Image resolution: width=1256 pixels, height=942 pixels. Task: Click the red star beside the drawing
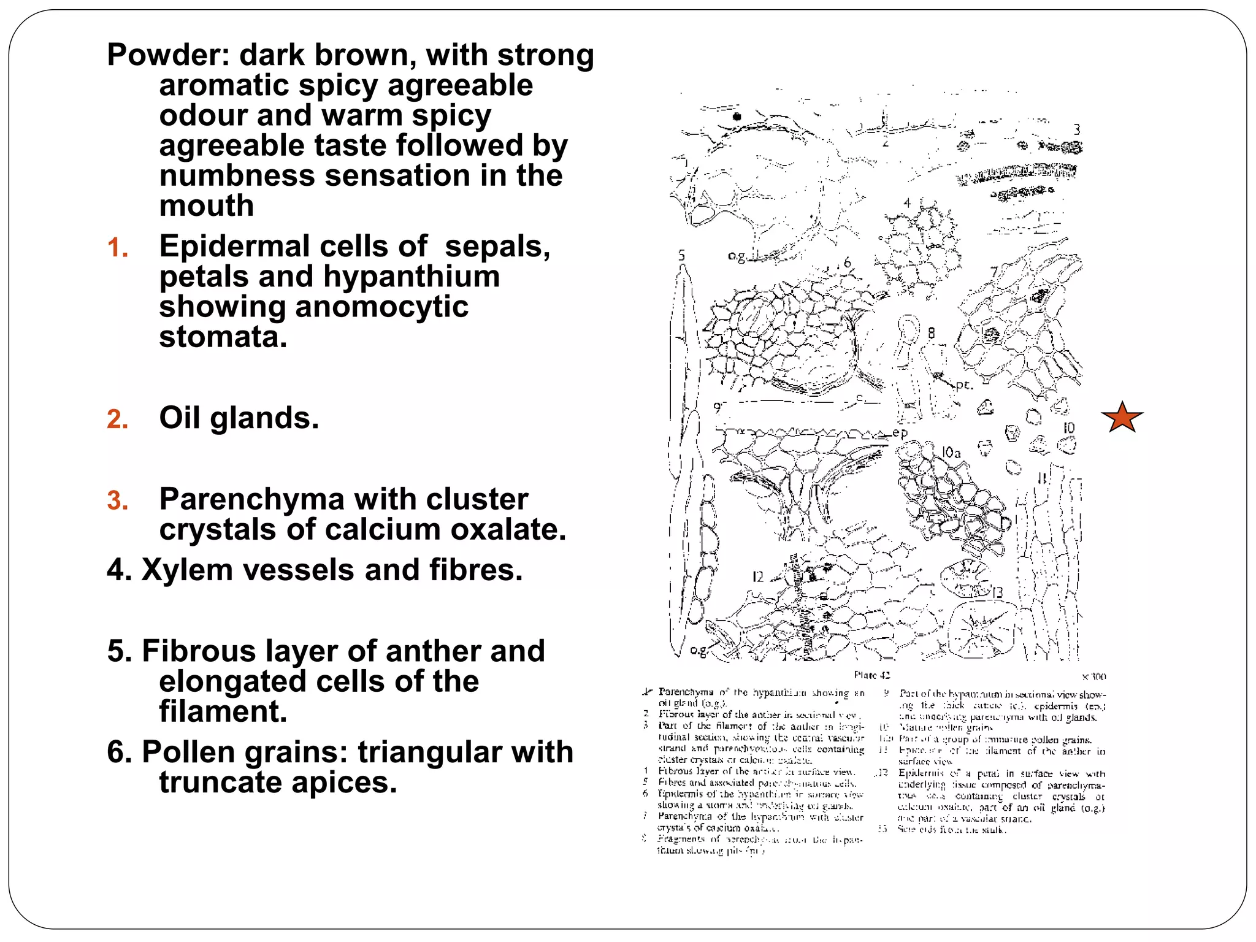[x=1122, y=418]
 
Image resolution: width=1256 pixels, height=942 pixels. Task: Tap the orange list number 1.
[x=117, y=248]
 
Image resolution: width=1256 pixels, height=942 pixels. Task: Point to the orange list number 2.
[x=117, y=419]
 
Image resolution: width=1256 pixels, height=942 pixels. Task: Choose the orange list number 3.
[x=117, y=500]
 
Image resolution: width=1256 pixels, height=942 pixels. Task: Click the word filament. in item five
[x=223, y=711]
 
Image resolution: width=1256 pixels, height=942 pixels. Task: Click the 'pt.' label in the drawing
[x=964, y=386]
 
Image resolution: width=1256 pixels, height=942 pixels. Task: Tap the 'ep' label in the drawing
[x=900, y=433]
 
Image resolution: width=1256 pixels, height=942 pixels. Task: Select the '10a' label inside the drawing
[x=951, y=453]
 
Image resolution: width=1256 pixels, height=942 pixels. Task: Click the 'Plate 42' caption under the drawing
[x=871, y=675]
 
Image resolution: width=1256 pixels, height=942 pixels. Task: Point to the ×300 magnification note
[x=1094, y=677]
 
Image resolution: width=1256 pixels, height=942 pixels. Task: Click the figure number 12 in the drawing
[x=758, y=577]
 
